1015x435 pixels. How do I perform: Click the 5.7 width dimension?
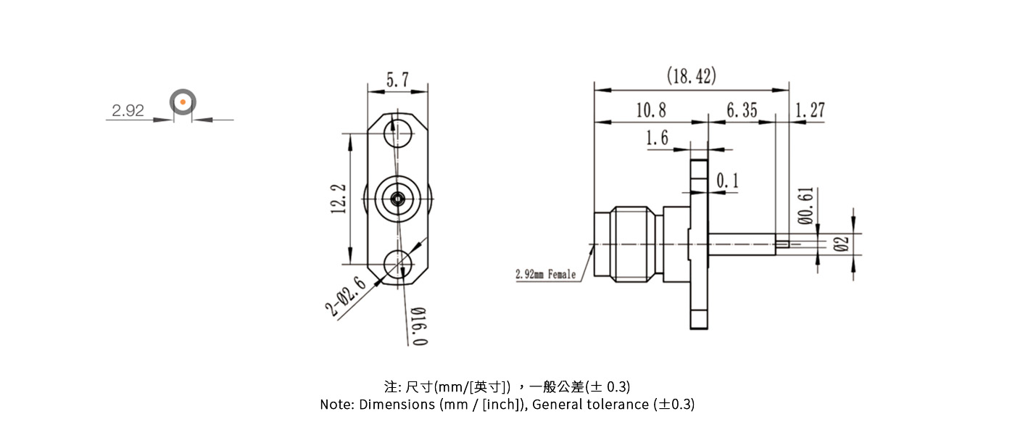[x=397, y=80]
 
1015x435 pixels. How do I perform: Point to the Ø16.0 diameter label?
[x=418, y=326]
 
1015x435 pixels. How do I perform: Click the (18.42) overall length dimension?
[x=691, y=76]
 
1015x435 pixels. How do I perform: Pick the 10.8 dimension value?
[x=650, y=110]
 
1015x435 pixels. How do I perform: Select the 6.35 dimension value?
[x=741, y=110]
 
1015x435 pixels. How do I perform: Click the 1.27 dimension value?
[x=809, y=110]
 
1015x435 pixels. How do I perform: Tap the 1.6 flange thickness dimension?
[x=657, y=138]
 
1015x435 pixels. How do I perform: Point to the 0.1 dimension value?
[x=727, y=180]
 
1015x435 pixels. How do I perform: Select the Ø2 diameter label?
[x=841, y=244]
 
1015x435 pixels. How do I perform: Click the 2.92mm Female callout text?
[x=545, y=274]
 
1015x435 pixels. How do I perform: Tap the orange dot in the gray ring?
[x=183, y=102]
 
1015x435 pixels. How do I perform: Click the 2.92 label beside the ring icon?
[x=128, y=111]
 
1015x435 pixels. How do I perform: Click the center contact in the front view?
[x=397, y=198]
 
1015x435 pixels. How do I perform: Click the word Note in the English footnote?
[x=336, y=405]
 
